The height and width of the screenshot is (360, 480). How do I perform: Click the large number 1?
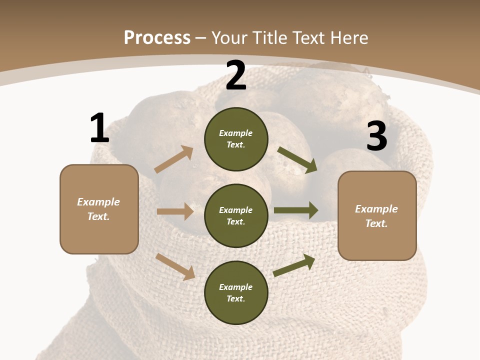99,128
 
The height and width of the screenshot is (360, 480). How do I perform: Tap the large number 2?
236,75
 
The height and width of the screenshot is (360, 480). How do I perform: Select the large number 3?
376,136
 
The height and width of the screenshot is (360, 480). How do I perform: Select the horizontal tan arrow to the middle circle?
175,211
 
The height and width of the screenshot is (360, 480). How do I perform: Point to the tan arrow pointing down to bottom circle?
175,266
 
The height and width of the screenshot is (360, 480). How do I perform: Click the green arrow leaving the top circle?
297,160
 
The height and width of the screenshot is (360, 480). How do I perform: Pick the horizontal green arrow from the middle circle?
296,210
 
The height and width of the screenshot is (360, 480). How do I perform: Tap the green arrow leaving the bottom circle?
294,265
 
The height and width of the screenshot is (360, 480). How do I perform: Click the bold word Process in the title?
157,37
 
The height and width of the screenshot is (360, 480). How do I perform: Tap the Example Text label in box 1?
98,209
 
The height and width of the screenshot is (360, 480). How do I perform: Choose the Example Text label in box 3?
376,216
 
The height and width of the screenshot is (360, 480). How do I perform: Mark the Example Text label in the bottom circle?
236,292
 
